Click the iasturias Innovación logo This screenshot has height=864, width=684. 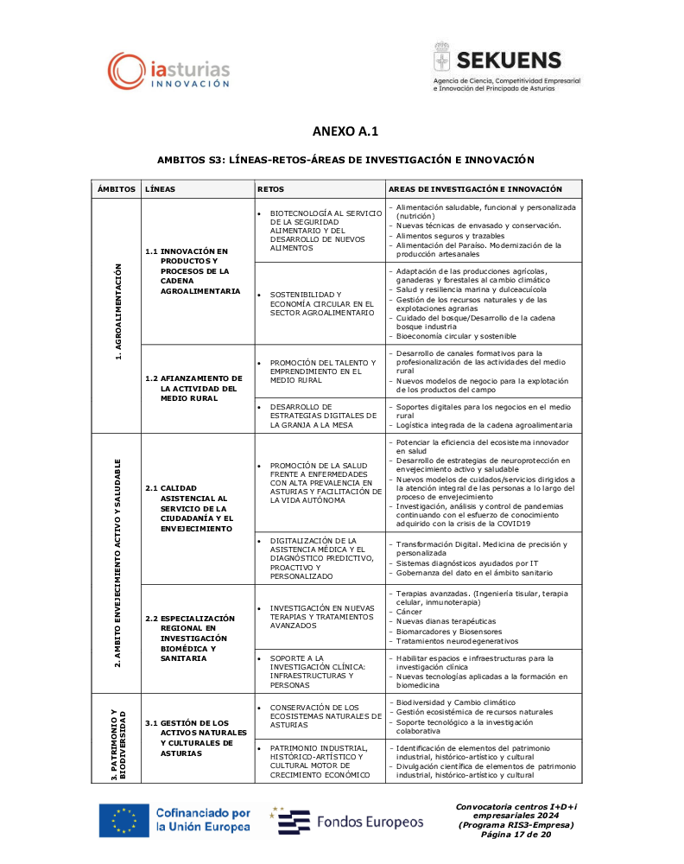(x=169, y=70)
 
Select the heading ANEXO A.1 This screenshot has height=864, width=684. (x=345, y=131)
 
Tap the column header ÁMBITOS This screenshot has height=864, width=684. (x=117, y=188)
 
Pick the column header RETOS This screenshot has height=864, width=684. (x=270, y=188)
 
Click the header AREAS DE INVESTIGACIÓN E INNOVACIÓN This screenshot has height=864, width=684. (x=475, y=188)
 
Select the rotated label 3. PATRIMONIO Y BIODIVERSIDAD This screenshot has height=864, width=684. (x=119, y=744)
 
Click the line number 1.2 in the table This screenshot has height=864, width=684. (x=151, y=378)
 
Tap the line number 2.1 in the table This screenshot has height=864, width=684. (x=151, y=487)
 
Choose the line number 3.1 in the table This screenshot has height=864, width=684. (x=151, y=722)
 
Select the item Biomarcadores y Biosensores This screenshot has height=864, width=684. (x=448, y=631)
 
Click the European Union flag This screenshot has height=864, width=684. (x=123, y=820)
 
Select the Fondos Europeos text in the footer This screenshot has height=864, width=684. (x=370, y=822)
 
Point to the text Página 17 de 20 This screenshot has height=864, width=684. (x=516, y=835)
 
